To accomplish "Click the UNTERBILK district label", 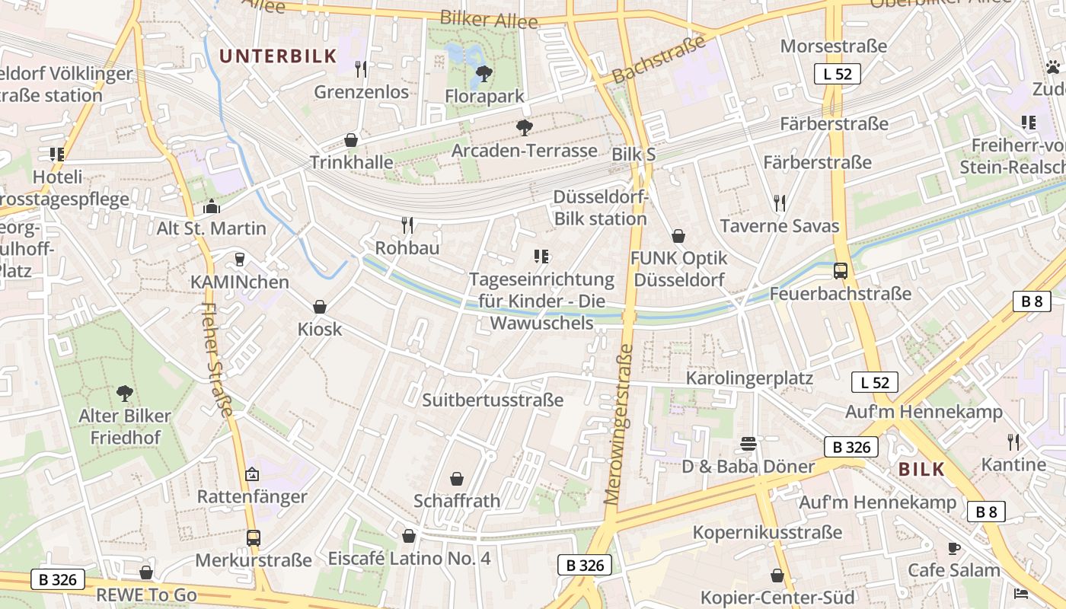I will tap(278, 56).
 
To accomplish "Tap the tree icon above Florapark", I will tap(483, 74).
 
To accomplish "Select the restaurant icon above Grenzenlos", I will tap(361, 69).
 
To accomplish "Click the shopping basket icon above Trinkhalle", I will tap(351, 140).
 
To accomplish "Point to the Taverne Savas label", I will tap(779, 226).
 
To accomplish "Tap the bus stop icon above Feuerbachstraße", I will tap(841, 271).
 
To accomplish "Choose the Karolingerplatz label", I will tap(749, 378).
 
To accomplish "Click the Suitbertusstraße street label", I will tap(493, 400).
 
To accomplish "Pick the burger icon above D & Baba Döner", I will tap(748, 444).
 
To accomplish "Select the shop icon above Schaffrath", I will tap(457, 479).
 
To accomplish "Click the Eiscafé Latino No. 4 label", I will tap(409, 558).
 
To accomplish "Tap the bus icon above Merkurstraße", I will tap(254, 538).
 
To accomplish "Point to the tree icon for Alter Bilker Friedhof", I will tap(125, 394).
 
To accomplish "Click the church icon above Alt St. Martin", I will tap(211, 206).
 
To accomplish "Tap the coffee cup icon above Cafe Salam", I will tap(953, 548).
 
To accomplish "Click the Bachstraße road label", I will tap(659, 60).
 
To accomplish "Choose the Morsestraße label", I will tap(833, 46).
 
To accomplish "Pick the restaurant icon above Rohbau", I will tap(407, 225).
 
